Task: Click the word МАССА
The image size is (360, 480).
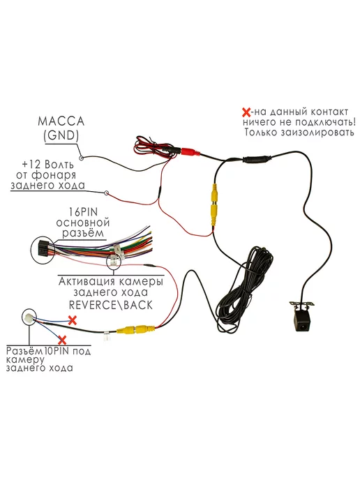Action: click(61, 121)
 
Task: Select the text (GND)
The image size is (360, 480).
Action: click(61, 135)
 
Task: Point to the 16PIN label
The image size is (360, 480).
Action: click(83, 212)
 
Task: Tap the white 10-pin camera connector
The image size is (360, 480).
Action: click(29, 317)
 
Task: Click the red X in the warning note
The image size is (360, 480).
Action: click(246, 112)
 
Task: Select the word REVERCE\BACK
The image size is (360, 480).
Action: click(110, 305)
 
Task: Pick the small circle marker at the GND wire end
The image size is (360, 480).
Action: click(82, 158)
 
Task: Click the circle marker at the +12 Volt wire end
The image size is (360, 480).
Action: click(106, 193)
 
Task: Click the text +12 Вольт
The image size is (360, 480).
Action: click(47, 165)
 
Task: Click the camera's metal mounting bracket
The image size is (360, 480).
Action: click(303, 305)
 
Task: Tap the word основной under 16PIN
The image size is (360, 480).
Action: click(82, 223)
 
